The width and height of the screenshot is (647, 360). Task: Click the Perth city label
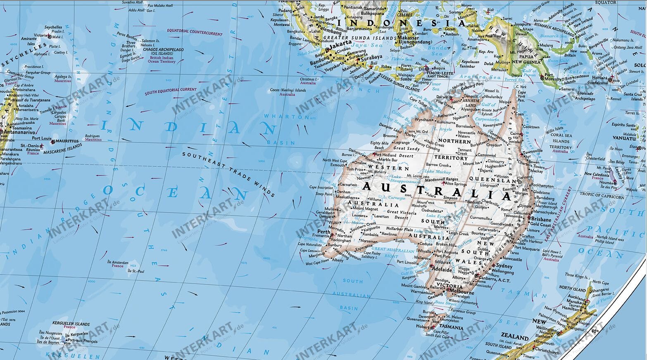click(323, 232)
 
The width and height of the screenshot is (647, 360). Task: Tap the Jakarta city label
click(341, 43)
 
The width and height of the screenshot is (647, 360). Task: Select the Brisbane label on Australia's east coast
click(541, 219)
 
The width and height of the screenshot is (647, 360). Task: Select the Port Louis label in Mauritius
click(42, 138)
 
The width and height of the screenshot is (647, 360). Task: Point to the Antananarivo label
click(18, 133)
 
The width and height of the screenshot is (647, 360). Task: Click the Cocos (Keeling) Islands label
click(288, 90)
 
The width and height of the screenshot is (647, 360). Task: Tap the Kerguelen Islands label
click(71, 324)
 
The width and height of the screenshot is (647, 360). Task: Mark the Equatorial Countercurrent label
click(195, 31)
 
